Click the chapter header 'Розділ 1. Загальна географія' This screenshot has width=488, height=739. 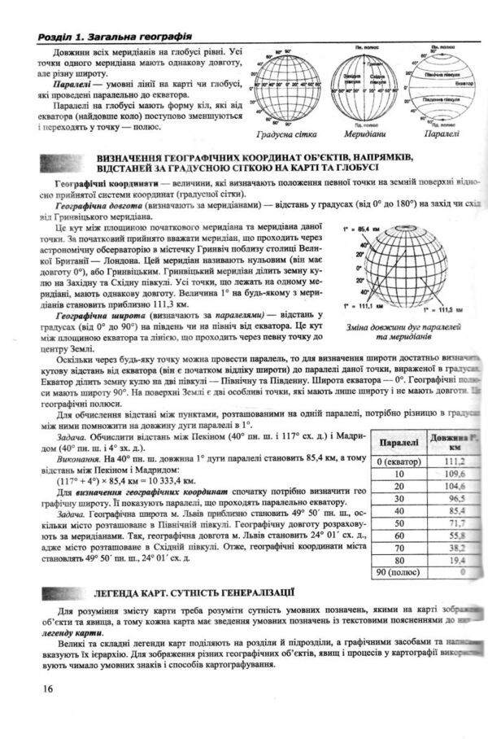[x=108, y=37]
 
